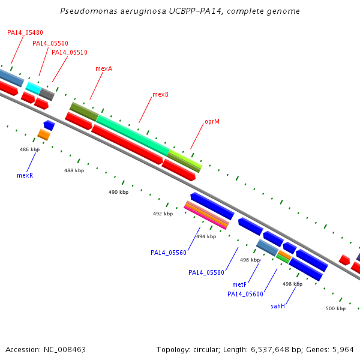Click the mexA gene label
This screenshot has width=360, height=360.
tap(104, 68)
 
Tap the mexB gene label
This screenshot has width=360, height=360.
tap(160, 94)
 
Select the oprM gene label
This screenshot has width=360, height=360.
tap(212, 121)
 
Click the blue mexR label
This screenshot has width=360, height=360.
tap(25, 175)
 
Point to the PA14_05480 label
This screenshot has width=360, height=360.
tap(25, 32)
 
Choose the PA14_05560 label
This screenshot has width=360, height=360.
tap(169, 253)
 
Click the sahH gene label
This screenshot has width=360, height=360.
tap(278, 306)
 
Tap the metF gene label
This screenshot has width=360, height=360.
tap(239, 284)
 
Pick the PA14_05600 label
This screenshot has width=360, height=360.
tap(245, 294)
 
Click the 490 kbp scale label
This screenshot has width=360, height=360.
tap(118, 192)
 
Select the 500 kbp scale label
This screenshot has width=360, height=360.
tap(335, 308)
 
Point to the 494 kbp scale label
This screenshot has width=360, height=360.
tap(206, 236)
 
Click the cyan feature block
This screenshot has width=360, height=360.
tap(34, 88)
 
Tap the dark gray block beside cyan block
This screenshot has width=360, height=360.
tap(47, 94)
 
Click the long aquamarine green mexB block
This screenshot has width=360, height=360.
tap(133, 136)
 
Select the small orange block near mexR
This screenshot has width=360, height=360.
tap(44, 135)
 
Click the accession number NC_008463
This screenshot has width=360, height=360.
tap(65, 350)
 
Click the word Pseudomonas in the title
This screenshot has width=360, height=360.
tap(89, 11)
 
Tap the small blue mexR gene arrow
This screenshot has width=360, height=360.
tap(49, 125)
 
